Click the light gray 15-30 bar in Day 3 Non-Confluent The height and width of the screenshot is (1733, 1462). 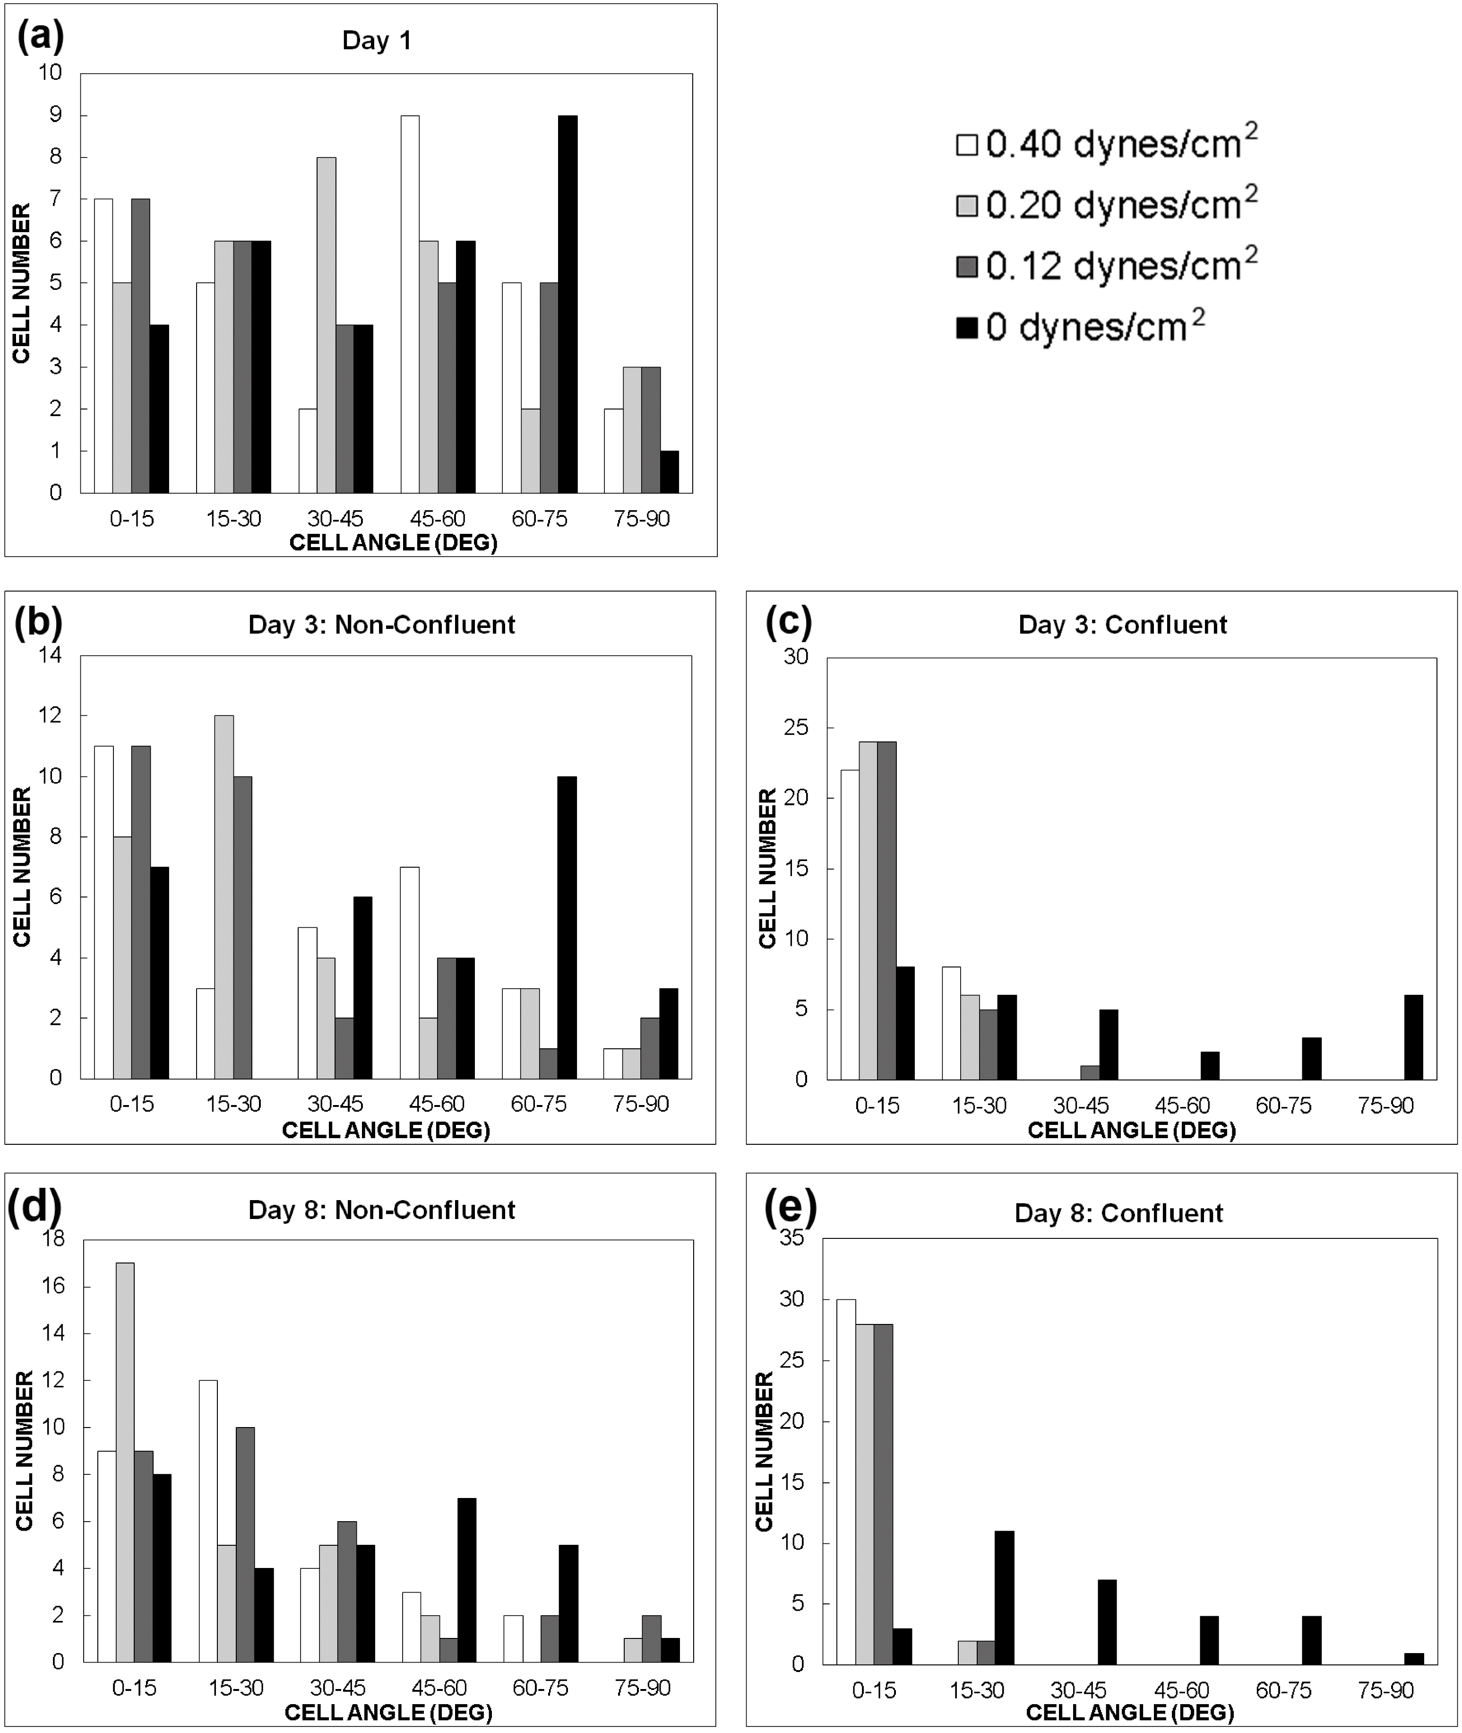tap(224, 897)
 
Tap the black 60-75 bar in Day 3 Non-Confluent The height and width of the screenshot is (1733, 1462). tap(568, 927)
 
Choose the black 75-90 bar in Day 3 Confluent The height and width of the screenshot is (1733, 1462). tap(1414, 1037)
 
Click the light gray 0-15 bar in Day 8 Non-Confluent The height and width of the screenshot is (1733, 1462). tap(125, 1463)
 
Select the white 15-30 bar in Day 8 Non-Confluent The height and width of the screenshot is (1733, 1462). tap(208, 1521)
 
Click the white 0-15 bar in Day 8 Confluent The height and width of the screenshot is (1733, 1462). tap(845, 1482)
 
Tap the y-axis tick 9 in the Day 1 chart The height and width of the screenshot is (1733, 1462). tap(56, 115)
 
